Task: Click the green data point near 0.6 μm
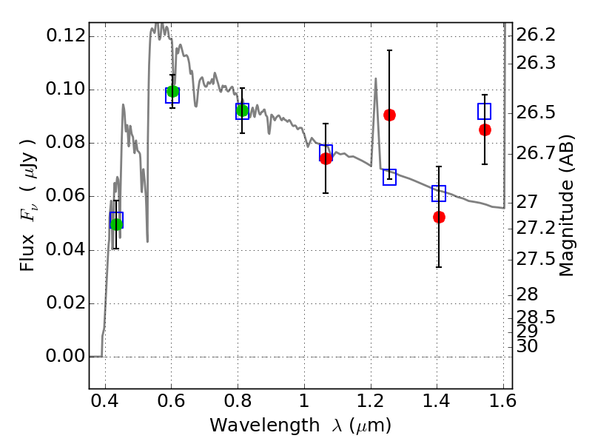[172, 92]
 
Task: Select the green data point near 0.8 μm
[242, 111]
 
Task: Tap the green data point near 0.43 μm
[115, 224]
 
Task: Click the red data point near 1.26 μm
[389, 115]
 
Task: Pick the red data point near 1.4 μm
[439, 217]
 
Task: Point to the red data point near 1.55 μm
[485, 129]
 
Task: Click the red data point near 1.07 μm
[326, 158]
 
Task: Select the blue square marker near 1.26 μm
[389, 177]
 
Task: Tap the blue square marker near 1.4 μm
[439, 194]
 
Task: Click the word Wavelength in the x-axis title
[249, 425]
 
